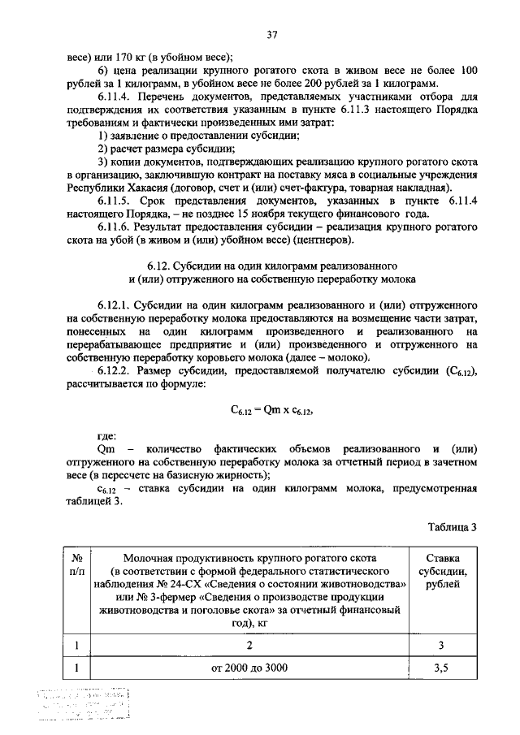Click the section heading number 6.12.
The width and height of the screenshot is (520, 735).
pos(160,265)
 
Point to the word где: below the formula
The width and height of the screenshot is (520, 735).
pos(106,437)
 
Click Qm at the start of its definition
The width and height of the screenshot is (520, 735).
pos(103,450)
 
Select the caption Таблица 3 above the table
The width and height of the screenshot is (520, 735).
pos(452,526)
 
